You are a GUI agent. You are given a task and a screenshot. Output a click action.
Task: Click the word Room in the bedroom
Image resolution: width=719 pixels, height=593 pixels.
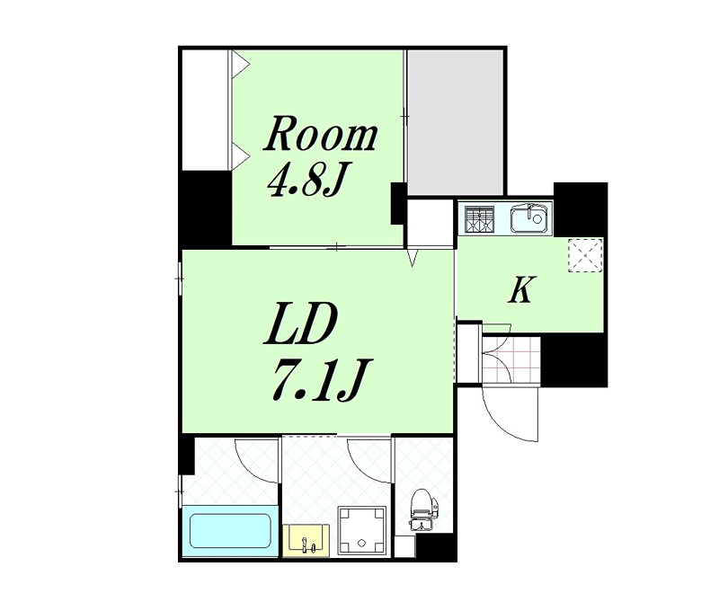tap(320, 135)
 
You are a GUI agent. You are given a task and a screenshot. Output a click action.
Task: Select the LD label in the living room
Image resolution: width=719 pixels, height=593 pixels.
tap(299, 327)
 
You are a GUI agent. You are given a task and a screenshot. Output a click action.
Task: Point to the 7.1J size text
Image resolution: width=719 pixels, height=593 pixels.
tap(317, 382)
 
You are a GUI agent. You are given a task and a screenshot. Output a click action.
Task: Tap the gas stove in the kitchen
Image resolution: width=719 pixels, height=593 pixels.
tap(478, 219)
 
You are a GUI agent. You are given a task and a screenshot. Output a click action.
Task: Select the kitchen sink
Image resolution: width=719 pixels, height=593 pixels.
tap(528, 219)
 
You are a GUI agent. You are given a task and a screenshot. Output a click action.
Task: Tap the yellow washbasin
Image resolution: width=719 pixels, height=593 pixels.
tap(306, 540)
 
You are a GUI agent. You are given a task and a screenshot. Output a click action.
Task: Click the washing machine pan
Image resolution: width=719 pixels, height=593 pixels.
tap(362, 530)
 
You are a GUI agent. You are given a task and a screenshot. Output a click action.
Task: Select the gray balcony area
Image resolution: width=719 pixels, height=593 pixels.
tap(455, 122)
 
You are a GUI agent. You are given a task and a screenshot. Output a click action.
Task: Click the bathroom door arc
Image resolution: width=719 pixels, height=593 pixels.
tap(256, 460)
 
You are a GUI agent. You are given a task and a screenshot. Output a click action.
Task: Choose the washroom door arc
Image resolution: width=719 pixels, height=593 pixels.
tap(369, 460)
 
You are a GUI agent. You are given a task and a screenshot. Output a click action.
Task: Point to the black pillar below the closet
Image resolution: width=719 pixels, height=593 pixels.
tap(205, 208)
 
